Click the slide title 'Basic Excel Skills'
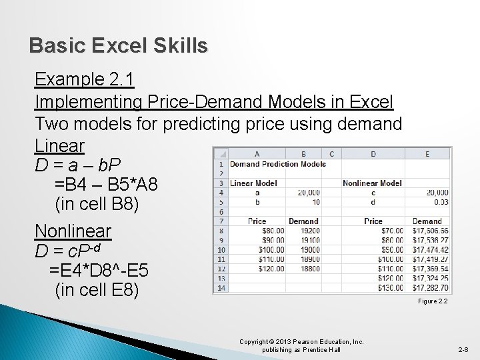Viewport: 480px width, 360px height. [x=119, y=46]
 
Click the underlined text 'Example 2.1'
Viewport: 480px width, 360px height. [x=85, y=80]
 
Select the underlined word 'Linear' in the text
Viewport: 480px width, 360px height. [x=60, y=145]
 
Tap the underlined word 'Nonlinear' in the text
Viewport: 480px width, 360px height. [x=73, y=231]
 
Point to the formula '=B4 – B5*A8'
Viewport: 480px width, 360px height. [x=107, y=184]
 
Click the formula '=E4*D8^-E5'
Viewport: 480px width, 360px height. [x=99, y=271]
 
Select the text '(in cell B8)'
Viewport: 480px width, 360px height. [x=97, y=205]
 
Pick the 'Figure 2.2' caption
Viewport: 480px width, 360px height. [x=433, y=301]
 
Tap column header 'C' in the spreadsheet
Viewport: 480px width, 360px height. [x=331, y=154]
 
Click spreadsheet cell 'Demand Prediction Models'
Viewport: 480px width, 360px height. [x=278, y=164]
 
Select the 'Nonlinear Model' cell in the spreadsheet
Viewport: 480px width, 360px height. [x=372, y=183]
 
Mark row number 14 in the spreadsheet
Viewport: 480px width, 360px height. [x=220, y=288]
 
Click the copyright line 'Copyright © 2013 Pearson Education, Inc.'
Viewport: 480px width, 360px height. [x=301, y=341]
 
